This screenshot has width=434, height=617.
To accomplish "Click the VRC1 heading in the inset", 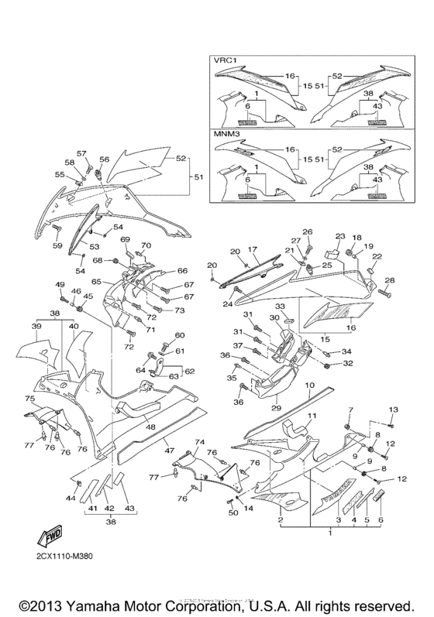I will tap(226, 62).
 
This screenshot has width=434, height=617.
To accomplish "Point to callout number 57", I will tap(81, 153).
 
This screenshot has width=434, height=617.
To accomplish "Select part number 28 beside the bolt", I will tap(389, 280).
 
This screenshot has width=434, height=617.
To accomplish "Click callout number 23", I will tap(339, 236).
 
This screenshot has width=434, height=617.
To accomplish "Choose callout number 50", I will tap(232, 512).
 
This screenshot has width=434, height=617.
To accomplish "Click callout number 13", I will tap(393, 409).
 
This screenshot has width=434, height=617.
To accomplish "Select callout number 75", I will tap(29, 399).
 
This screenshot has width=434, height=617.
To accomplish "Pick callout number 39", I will tap(36, 326).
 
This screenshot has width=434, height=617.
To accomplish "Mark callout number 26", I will tap(307, 231).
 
